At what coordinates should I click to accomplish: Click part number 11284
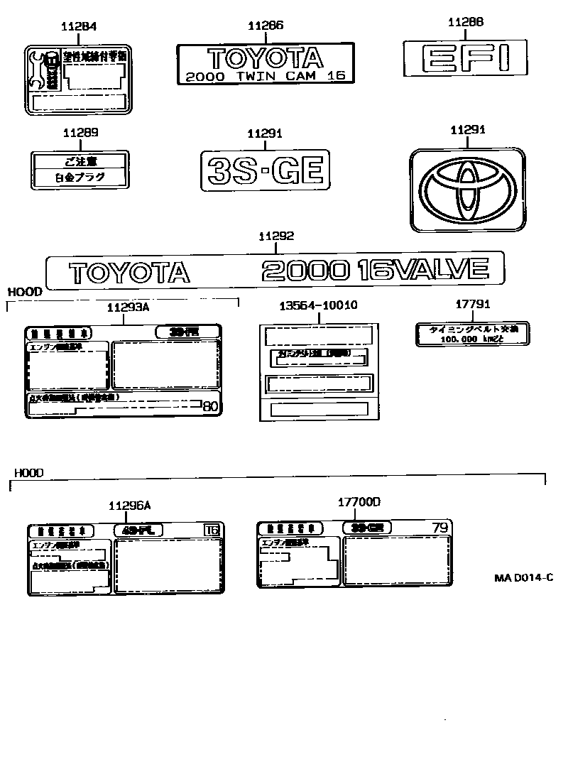78,27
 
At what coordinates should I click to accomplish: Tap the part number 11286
266,26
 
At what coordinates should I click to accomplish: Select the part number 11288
466,23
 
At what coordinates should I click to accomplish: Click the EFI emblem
465,58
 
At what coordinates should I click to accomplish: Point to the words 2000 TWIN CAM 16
260,76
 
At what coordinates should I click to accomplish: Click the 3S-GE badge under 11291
266,170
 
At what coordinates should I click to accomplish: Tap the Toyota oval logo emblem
467,190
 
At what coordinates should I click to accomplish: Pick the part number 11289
80,133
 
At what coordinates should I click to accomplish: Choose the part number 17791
472,305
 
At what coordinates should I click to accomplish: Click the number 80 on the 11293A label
211,407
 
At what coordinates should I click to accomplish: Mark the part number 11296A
129,506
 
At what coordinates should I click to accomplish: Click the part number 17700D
359,503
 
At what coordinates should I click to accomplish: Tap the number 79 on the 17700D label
440,528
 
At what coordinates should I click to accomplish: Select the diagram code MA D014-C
524,577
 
